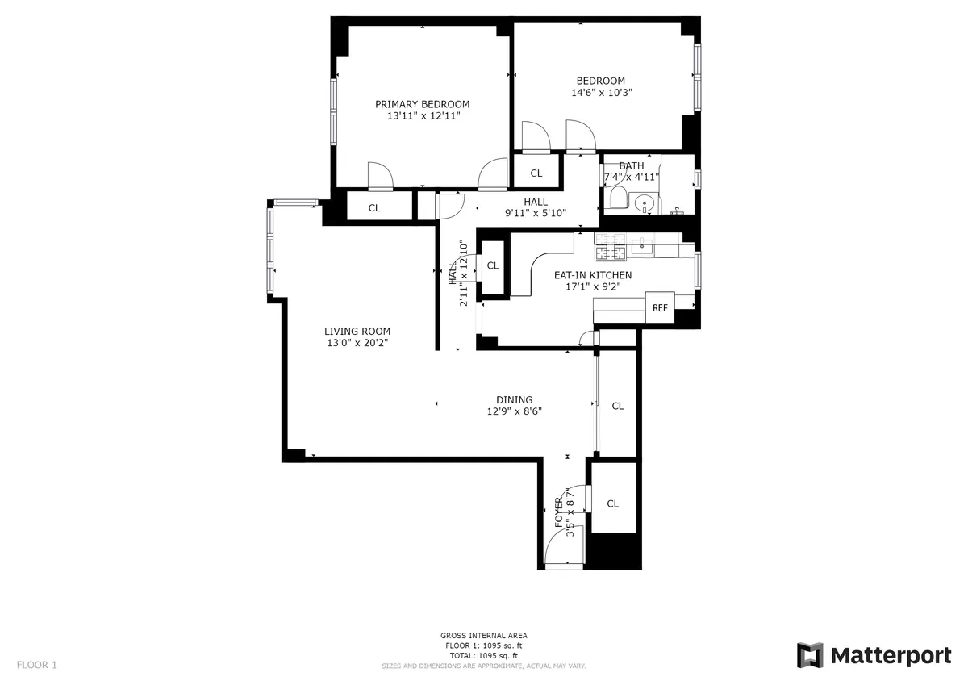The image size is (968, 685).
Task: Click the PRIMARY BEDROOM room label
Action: [422, 104]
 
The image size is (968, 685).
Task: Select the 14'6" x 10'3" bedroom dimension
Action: [601, 93]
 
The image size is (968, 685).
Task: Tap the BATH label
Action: [631, 166]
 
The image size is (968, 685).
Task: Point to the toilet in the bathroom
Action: [618, 198]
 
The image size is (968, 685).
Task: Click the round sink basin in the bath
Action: [645, 203]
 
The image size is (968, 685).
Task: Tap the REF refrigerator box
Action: [660, 307]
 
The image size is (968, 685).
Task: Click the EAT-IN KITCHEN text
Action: [592, 275]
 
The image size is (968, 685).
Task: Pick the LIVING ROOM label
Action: [357, 332]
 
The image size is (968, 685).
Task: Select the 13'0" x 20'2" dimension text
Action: [357, 344]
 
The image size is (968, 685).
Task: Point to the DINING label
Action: [514, 400]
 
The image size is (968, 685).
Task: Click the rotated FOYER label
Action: [559, 513]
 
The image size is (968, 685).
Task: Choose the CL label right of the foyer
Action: [612, 504]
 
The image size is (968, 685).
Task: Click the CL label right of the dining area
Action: [617, 407]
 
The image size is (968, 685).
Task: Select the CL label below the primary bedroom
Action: [374, 208]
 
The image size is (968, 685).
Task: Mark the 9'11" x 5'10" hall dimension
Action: [536, 214]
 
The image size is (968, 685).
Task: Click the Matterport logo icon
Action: [810, 655]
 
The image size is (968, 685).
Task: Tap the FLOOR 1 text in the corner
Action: [36, 665]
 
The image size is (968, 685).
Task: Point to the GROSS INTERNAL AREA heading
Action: [484, 636]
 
